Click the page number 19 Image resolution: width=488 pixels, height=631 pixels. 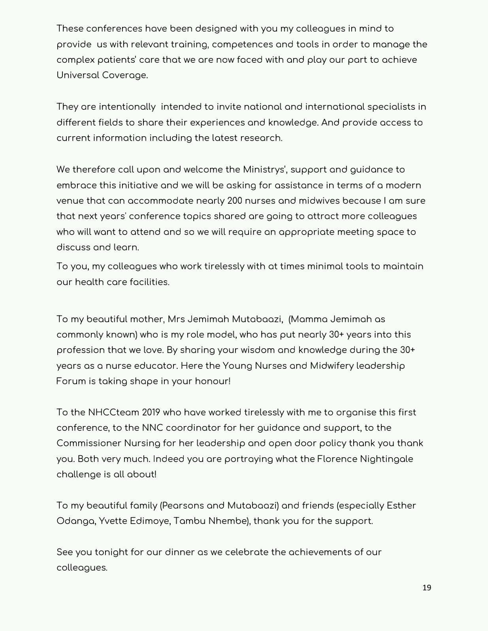pyautogui.click(x=427, y=588)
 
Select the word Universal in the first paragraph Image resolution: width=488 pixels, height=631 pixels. pyautogui.click(x=77, y=75)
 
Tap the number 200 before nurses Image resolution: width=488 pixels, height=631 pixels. pyautogui.click(x=235, y=201)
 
